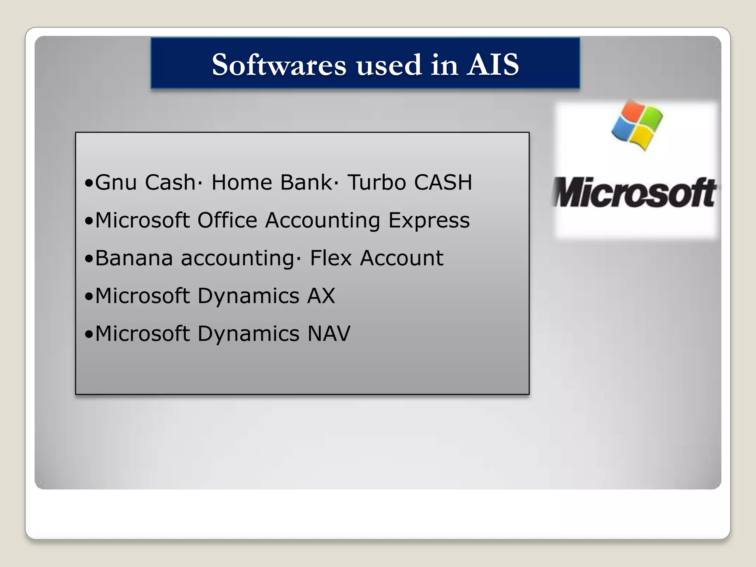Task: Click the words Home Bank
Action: (x=271, y=182)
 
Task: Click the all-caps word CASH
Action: (x=443, y=182)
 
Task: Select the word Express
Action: (x=429, y=220)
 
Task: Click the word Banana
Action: (x=134, y=258)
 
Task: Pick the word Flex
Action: (x=330, y=258)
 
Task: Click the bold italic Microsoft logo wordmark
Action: (x=635, y=193)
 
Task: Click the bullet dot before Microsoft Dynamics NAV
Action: (x=89, y=334)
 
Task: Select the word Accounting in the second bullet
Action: (x=322, y=220)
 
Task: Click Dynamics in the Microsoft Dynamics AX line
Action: (x=248, y=296)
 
